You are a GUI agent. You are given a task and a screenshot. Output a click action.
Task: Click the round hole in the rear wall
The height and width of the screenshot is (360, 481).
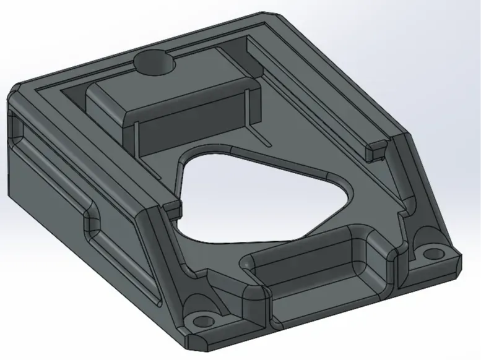point(154,62)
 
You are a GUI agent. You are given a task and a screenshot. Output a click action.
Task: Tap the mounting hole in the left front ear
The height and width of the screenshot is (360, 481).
point(202,320)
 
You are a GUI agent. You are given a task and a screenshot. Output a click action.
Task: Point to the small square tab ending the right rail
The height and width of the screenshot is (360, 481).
point(376,148)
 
